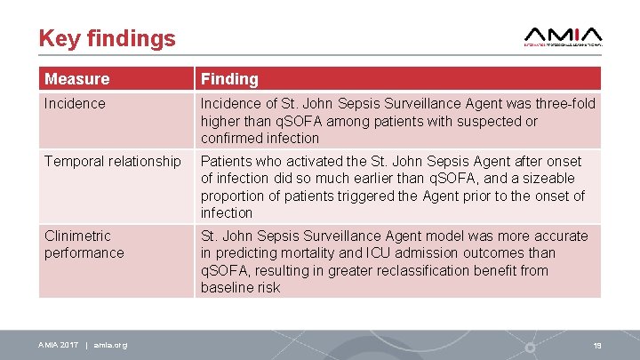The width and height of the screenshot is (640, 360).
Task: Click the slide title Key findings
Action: [x=107, y=38]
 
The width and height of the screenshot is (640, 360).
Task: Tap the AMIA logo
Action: [x=563, y=36]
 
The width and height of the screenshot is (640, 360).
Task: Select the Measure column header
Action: [x=77, y=79]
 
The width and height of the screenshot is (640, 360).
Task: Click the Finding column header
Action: [x=229, y=79]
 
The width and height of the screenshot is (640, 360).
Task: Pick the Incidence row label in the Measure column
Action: [x=75, y=104]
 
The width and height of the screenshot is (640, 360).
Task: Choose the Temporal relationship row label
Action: [x=112, y=162]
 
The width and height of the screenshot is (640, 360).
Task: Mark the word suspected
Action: [x=484, y=121]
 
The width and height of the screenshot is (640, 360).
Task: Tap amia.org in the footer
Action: [x=111, y=345]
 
